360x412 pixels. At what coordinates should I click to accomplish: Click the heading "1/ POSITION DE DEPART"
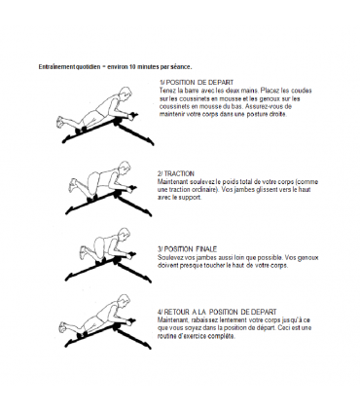(x=197, y=83)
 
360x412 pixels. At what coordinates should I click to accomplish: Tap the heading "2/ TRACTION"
(x=176, y=173)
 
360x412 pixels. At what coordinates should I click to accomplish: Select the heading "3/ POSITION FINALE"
(x=187, y=249)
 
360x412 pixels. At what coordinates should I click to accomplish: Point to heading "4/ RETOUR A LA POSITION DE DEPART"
(x=217, y=312)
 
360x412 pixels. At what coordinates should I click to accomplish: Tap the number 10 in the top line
(x=132, y=67)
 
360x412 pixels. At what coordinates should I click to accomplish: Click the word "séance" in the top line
(x=183, y=67)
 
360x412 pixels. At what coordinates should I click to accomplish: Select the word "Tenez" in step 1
(x=167, y=91)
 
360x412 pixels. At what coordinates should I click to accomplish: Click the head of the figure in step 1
(x=125, y=93)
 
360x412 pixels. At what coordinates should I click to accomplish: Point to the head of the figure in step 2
(x=124, y=168)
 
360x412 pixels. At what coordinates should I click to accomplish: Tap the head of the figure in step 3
(x=124, y=234)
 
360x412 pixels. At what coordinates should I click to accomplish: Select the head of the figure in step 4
(x=124, y=301)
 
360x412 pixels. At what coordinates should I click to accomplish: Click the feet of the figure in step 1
(x=60, y=122)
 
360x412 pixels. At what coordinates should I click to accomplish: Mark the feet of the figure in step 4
(x=63, y=326)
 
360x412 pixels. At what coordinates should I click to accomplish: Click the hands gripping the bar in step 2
(x=131, y=189)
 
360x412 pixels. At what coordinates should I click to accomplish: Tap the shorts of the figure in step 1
(x=93, y=117)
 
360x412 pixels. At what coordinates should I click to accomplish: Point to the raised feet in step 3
(x=84, y=251)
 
